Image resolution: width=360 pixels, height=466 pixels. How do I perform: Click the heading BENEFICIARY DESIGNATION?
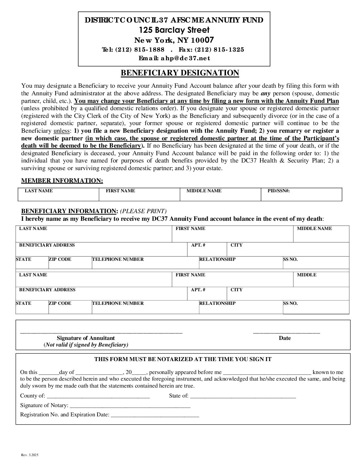[x=180, y=73]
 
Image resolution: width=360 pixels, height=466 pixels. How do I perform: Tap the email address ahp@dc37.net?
[x=185, y=58]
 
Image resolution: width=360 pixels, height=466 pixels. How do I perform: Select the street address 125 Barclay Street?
[x=174, y=30]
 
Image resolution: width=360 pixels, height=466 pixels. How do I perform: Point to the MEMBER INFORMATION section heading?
[x=62, y=181]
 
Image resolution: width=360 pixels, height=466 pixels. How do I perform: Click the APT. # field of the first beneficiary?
[x=207, y=251]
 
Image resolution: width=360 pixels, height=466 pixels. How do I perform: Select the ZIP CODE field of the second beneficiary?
[x=70, y=309]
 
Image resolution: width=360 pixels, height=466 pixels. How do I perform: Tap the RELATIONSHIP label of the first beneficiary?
[x=217, y=259]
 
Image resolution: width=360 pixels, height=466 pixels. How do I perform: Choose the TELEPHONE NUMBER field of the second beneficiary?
[x=145, y=309]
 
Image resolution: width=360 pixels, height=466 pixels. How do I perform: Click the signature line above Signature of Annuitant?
[x=101, y=332]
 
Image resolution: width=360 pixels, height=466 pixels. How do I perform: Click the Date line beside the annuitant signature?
[x=286, y=332]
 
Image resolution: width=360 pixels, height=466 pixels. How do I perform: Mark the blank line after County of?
[x=98, y=396]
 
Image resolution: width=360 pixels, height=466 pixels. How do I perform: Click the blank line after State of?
[x=243, y=396]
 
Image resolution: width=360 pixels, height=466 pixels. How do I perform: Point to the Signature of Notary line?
[x=130, y=405]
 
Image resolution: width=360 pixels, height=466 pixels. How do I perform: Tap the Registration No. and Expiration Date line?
[x=155, y=415]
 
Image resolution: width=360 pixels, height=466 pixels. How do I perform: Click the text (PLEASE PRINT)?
[x=143, y=211]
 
